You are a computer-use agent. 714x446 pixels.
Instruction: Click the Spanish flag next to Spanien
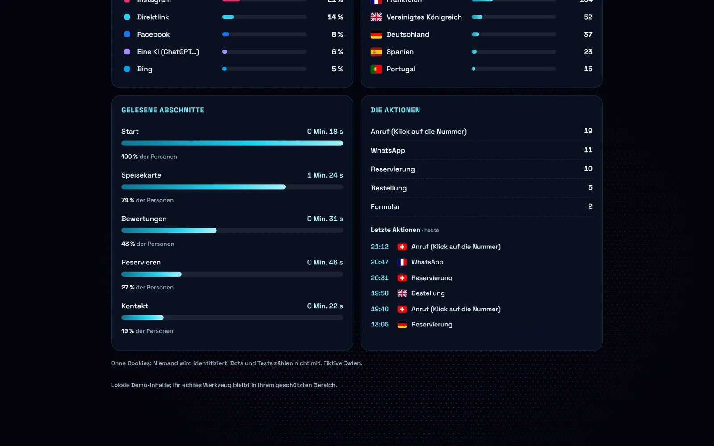point(376,52)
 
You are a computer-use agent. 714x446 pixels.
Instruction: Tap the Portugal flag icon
point(376,69)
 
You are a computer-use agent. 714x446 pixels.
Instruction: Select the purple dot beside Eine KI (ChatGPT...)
point(127,52)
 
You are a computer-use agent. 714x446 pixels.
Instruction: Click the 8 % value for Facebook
point(337,34)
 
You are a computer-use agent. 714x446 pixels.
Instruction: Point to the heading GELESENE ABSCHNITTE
point(162,110)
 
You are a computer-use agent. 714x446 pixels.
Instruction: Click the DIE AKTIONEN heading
point(395,110)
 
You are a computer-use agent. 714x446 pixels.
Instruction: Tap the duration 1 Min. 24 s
point(325,175)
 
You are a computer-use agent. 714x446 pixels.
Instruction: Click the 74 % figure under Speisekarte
point(128,200)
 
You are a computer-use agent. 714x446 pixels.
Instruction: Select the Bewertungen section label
point(144,219)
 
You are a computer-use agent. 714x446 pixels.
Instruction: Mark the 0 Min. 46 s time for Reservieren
point(325,262)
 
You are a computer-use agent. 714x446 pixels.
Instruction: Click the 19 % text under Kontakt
point(128,331)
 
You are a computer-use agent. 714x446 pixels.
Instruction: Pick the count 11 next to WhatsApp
point(588,150)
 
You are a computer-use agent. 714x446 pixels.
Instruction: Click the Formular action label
point(386,207)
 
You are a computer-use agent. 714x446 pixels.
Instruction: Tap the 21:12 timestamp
point(380,247)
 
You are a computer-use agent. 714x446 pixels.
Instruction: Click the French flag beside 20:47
point(402,262)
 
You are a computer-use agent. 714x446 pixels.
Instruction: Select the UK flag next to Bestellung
point(402,293)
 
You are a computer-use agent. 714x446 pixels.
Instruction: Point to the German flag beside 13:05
point(402,325)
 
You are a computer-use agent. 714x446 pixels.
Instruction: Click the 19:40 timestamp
point(380,309)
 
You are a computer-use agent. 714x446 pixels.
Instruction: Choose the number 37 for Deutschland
point(588,34)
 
